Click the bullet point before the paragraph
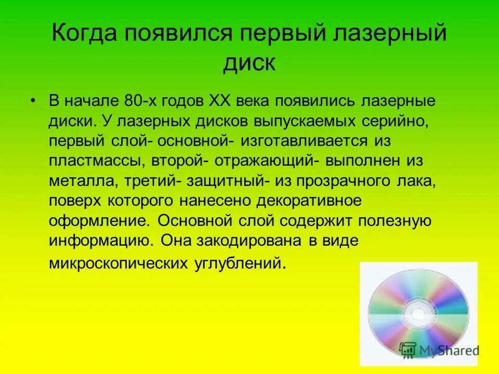click(x=33, y=99)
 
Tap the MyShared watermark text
click(x=447, y=350)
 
